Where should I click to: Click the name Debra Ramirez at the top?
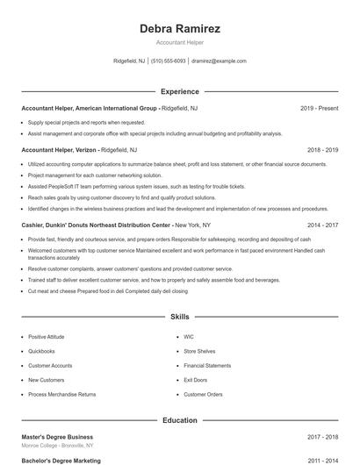pos(180,29)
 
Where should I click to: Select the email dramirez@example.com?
pos(219,61)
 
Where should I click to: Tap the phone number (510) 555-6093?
pos(168,61)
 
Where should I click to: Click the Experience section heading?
pos(180,91)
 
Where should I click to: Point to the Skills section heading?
pos(180,316)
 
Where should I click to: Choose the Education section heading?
pos(180,420)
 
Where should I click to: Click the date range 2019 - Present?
pos(319,108)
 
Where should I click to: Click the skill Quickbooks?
pos(43,351)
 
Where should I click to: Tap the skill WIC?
pos(189,337)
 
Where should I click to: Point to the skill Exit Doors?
pos(196,380)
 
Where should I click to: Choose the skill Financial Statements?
pos(207,365)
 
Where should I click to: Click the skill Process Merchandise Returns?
pos(61,394)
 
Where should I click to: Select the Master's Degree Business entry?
pos(57,437)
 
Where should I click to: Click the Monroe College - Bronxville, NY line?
pos(60,446)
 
